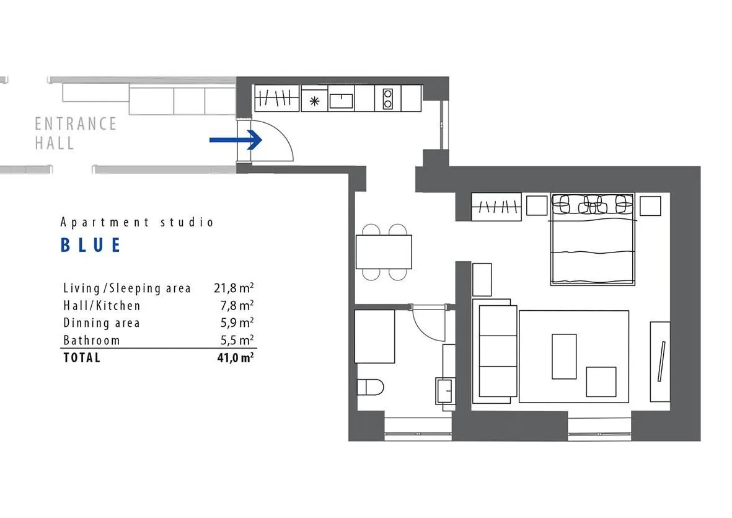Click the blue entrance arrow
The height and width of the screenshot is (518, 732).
click(x=236, y=140)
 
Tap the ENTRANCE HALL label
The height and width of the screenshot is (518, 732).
click(x=76, y=133)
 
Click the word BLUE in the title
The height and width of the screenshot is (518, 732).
click(x=91, y=245)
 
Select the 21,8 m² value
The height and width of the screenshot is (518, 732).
click(x=234, y=288)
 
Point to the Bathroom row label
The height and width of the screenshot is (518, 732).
click(x=92, y=340)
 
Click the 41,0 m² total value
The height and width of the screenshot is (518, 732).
click(x=236, y=358)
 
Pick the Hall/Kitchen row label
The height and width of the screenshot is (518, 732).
click(x=102, y=305)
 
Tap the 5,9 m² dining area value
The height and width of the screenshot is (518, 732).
click(x=237, y=323)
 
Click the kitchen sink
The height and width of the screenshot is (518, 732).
click(x=342, y=100)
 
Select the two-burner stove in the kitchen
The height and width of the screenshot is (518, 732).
click(x=387, y=99)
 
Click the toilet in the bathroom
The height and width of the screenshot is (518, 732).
click(x=370, y=387)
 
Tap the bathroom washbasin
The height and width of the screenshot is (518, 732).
click(x=445, y=391)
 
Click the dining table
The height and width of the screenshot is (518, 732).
click(x=384, y=252)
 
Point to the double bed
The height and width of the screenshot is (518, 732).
click(x=593, y=239)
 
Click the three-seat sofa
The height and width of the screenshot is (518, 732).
click(x=496, y=351)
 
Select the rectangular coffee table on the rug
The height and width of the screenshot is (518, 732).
click(x=564, y=356)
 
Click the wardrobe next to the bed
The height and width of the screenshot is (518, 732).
click(x=496, y=207)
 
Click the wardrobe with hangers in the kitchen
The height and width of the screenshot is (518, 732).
click(x=276, y=98)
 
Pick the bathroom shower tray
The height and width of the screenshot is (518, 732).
click(x=374, y=336)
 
